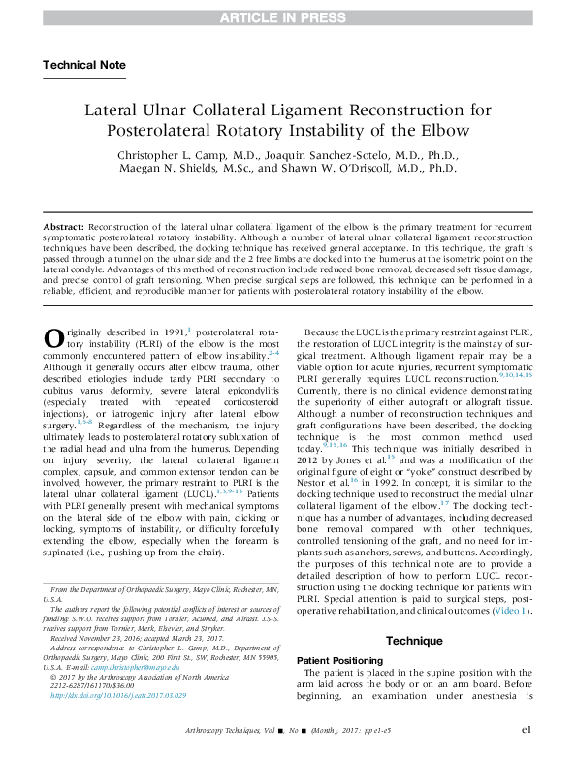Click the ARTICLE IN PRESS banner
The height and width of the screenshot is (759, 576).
[288, 17]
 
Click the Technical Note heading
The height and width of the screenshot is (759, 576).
[84, 65]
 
